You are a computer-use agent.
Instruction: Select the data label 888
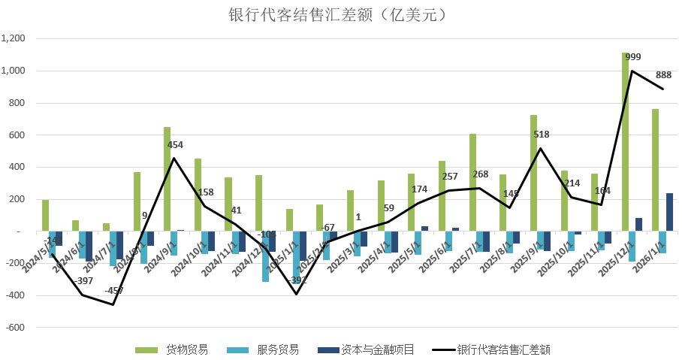click(664, 75)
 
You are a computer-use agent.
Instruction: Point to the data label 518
click(542, 135)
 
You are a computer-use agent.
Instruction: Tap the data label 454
click(175, 145)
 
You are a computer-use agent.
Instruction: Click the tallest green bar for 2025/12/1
click(625, 142)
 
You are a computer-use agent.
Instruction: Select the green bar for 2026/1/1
click(656, 170)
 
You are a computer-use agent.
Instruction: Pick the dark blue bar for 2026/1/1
click(669, 212)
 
